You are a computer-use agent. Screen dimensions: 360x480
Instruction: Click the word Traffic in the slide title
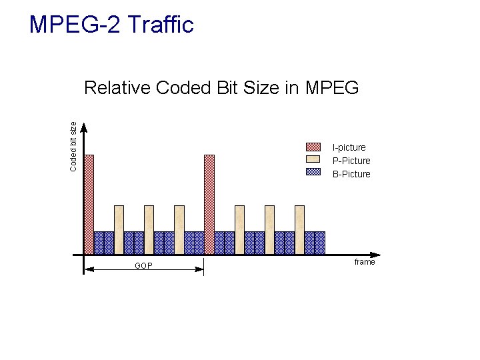coord(159,25)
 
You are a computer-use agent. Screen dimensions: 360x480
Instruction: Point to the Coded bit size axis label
coord(73,145)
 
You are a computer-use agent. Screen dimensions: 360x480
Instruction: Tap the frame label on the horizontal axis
coord(365,262)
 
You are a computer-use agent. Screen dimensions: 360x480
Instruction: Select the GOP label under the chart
coord(143,266)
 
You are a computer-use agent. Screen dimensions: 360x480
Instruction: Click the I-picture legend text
coord(349,147)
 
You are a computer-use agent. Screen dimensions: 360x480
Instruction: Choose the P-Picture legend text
coord(351,161)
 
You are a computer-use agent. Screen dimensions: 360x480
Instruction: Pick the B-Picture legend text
coord(351,174)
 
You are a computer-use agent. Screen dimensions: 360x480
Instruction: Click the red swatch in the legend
coord(313,147)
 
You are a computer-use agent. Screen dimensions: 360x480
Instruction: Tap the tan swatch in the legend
coord(313,159)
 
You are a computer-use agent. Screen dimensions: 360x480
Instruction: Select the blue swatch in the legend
coord(313,172)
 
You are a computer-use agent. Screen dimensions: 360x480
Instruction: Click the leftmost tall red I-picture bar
coord(89,203)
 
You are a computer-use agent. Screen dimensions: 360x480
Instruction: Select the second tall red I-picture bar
coord(209,203)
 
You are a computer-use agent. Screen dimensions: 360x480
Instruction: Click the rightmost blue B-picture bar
coord(320,243)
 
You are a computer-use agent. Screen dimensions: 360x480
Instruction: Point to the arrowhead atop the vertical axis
coord(84,127)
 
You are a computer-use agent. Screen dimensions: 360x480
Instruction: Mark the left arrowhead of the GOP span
coord(89,269)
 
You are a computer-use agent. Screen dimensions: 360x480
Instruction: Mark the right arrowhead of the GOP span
coord(199,269)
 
